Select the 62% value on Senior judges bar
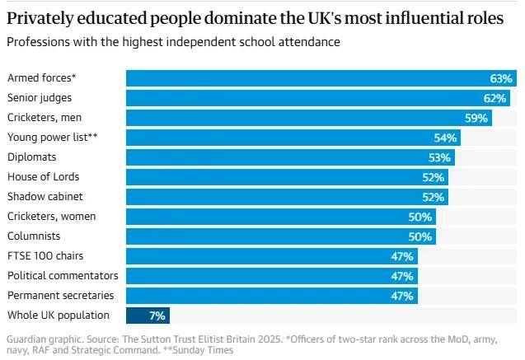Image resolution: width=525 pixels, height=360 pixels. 495,98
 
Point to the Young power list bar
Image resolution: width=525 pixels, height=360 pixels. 293,138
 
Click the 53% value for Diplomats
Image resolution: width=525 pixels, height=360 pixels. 439,157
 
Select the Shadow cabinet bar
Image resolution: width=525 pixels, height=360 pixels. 287,197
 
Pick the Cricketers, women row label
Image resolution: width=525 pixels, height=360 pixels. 51,216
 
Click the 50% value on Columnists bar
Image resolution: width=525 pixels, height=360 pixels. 420,236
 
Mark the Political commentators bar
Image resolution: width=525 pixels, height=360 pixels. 272,276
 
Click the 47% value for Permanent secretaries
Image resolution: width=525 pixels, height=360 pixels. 402,296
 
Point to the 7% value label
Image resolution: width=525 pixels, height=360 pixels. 157,316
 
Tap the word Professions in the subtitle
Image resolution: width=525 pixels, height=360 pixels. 38,41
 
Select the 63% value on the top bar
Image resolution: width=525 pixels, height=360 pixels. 501,78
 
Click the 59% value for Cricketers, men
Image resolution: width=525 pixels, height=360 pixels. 476,118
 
